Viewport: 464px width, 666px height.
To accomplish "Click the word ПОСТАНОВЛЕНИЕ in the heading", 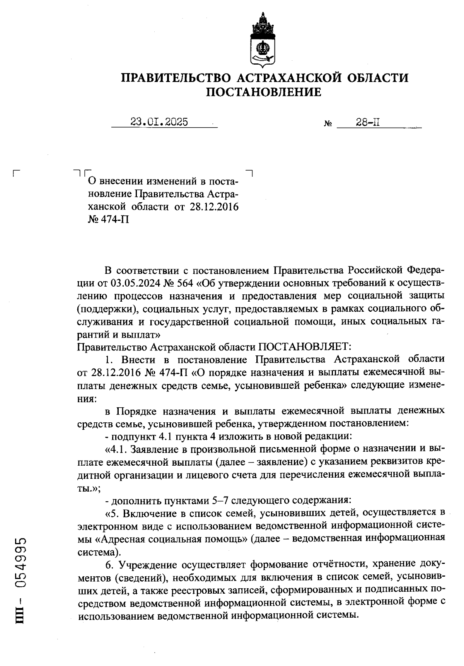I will (263, 92).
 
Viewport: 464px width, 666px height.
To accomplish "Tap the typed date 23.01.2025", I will (159, 122).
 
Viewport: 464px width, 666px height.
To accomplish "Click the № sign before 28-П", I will (328, 125).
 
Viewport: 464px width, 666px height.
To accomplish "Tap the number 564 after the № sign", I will (185, 283).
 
